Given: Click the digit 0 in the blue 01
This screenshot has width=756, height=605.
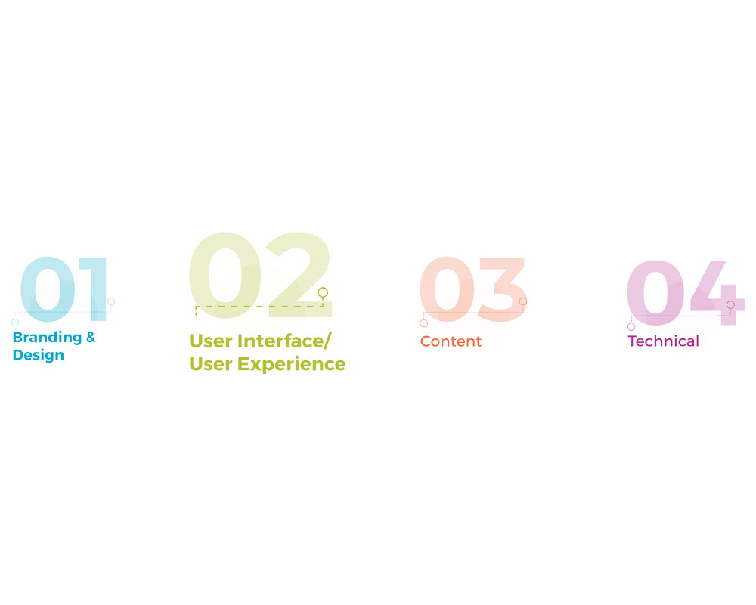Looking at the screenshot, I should (x=47, y=291).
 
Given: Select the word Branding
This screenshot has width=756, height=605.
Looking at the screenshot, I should (x=47, y=338).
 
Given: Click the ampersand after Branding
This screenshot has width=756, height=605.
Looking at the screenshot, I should (x=91, y=338).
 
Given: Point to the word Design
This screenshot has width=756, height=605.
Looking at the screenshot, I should (x=39, y=355).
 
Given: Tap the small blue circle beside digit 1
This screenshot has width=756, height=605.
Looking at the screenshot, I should (x=111, y=301).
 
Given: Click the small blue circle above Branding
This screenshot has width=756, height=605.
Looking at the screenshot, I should (x=15, y=323).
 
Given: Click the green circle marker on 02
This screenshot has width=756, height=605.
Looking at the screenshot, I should (x=323, y=292).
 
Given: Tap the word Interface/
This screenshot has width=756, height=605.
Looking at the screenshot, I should (x=283, y=341).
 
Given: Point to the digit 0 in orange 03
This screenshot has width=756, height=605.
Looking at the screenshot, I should (x=447, y=291).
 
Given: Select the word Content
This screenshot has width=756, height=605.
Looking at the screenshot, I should (x=451, y=341).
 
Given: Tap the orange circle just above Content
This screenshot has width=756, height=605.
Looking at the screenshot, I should (x=423, y=323).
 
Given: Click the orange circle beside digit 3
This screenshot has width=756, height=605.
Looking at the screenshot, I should (x=522, y=301).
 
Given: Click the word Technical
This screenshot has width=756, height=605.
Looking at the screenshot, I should (x=663, y=341).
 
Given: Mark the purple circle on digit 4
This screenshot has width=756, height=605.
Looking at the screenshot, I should (x=730, y=304).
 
